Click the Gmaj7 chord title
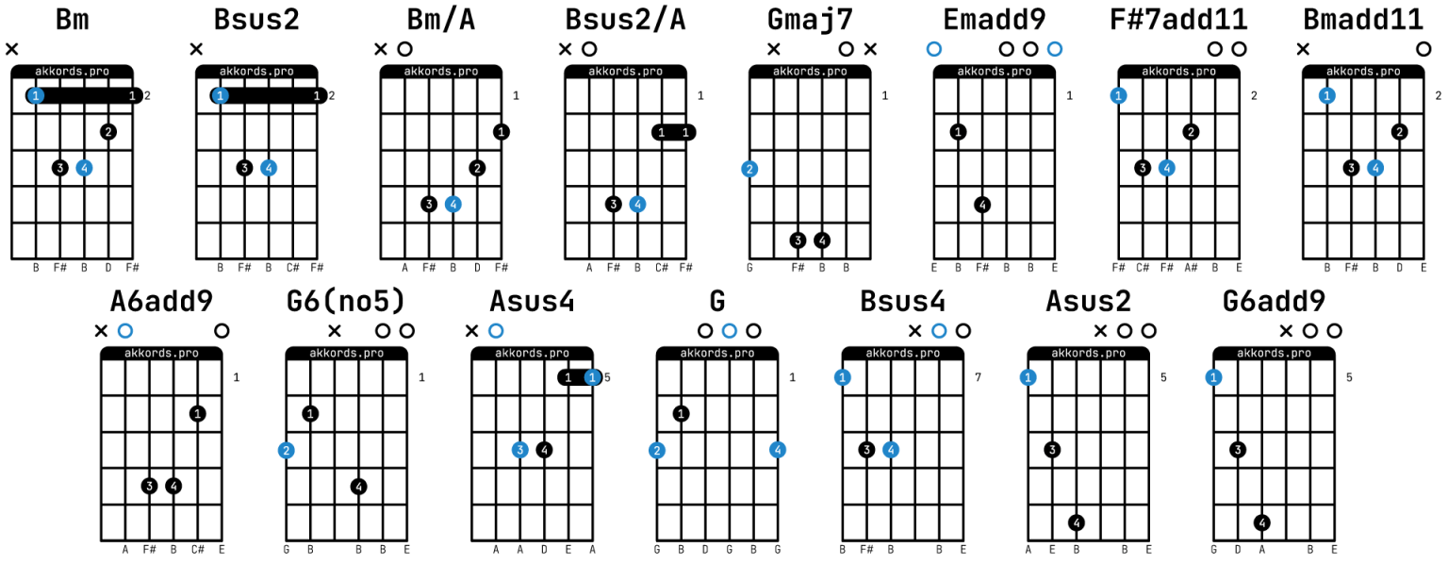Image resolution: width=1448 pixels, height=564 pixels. [x=810, y=20]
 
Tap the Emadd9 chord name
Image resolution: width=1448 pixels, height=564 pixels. [x=995, y=20]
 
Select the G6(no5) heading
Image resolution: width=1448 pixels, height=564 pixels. [x=346, y=301]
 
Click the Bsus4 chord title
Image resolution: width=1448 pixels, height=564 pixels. [x=902, y=302]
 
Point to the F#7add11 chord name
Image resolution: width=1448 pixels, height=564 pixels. [x=1178, y=20]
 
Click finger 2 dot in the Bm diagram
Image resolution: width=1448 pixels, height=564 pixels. [x=108, y=132]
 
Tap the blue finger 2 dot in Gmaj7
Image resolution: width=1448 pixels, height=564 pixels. [x=749, y=170]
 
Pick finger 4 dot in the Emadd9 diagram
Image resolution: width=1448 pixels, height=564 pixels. [x=982, y=205]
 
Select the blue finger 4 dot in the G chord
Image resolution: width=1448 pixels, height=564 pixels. [x=778, y=450]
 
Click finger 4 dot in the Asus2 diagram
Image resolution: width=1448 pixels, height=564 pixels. [x=1077, y=523]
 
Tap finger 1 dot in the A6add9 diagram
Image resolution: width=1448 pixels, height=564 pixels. [x=198, y=414]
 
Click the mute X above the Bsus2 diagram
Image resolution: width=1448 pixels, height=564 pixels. [x=196, y=49]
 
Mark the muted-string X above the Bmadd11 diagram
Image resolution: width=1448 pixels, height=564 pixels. [x=1303, y=49]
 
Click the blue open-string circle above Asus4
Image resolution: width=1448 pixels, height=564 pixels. [x=496, y=331]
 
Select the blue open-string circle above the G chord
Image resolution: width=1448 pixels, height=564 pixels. [x=729, y=331]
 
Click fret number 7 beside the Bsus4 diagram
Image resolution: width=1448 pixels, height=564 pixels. [x=978, y=377]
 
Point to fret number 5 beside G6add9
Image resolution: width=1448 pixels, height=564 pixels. [x=1349, y=377]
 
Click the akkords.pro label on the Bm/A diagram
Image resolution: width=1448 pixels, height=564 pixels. [x=441, y=71]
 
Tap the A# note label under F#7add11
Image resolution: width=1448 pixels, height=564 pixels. [x=1191, y=267]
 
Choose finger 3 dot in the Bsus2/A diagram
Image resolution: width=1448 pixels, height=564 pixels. [x=614, y=205]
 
